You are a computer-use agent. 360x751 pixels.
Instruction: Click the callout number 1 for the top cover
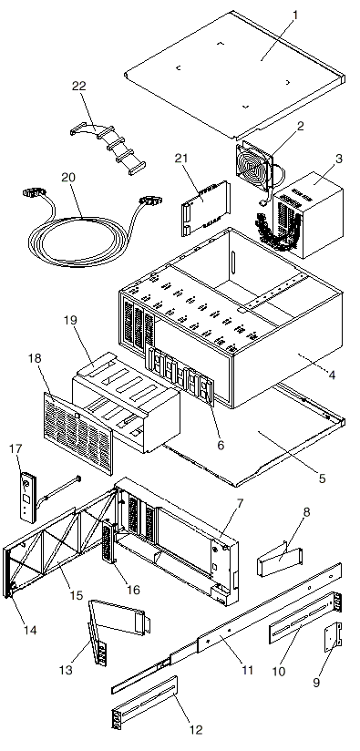click(x=295, y=15)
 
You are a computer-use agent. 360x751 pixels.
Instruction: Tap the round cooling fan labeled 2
click(x=254, y=163)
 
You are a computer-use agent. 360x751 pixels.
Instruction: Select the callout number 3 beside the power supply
click(x=338, y=159)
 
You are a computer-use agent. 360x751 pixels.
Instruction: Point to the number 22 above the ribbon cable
click(x=79, y=86)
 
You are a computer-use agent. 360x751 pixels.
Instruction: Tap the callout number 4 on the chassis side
click(x=331, y=374)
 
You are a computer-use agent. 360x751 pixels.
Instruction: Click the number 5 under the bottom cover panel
click(x=322, y=478)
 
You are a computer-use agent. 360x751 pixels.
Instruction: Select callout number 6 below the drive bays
click(x=221, y=445)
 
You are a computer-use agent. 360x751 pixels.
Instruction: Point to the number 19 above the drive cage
click(x=70, y=320)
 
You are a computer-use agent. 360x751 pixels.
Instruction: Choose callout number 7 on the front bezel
click(x=240, y=503)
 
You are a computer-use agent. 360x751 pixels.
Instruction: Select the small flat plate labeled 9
click(x=333, y=637)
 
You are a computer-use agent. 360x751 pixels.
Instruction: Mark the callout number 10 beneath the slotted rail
click(x=278, y=671)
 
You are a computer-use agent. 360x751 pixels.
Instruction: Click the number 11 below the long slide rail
click(x=247, y=670)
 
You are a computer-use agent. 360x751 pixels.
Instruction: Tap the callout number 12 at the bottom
click(x=196, y=729)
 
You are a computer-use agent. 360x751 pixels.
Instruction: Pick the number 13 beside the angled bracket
click(x=66, y=670)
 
